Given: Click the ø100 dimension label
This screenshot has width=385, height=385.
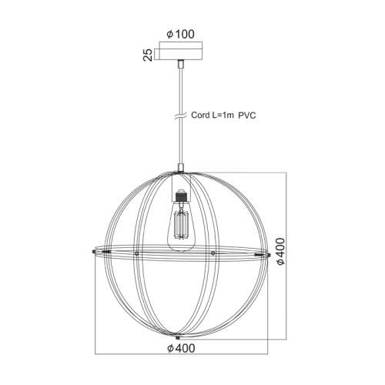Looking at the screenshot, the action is point(180,34).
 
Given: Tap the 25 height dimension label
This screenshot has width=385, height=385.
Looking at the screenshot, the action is point(148,55).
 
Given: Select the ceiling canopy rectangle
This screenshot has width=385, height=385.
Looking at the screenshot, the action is point(180,54).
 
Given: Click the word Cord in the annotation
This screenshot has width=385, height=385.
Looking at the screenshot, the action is point(200,115).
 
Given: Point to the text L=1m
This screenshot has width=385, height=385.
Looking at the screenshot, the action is point(223,115).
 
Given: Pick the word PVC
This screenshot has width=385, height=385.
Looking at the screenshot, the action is point(247,115).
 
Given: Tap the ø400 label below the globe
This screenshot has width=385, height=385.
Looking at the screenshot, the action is point(181,348).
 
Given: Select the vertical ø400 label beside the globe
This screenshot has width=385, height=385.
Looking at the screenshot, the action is point(280,252).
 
